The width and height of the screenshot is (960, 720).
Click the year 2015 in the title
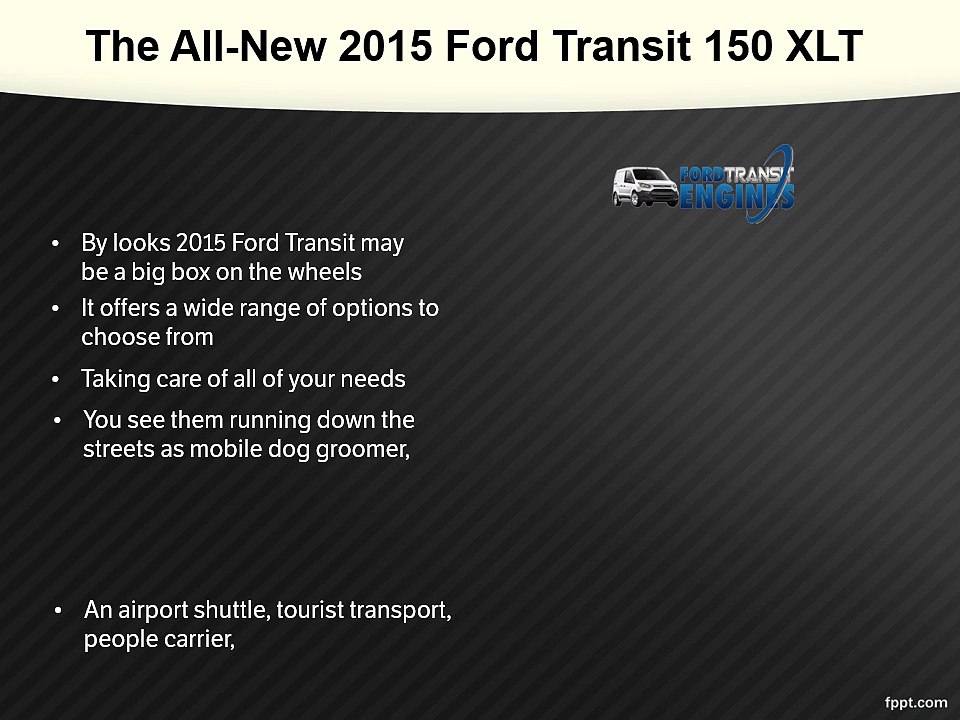pyautogui.click(x=389, y=46)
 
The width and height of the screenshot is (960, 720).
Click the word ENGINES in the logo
pyautogui.click(x=737, y=195)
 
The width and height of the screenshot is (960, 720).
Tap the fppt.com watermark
pyautogui.click(x=917, y=702)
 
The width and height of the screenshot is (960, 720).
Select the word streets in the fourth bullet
pyautogui.click(x=118, y=449)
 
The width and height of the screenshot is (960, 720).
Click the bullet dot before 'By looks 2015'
pyautogui.click(x=57, y=243)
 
